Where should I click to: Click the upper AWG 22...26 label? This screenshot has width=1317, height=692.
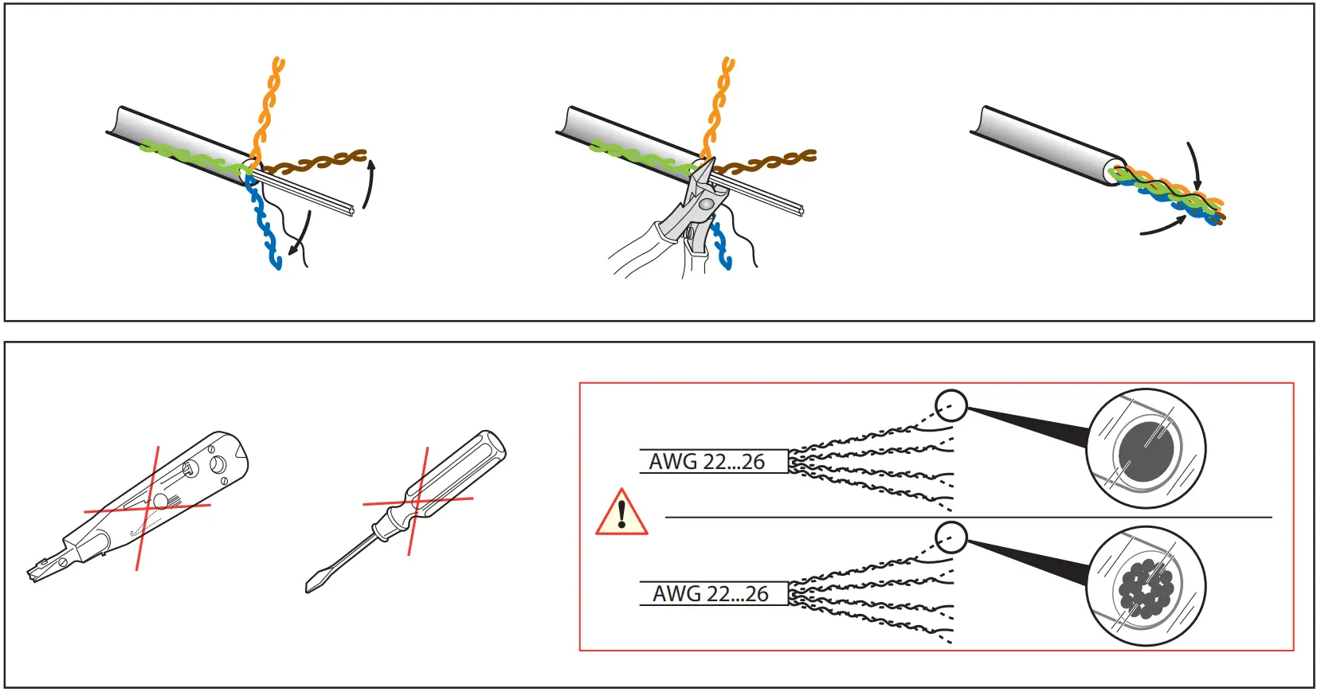707,462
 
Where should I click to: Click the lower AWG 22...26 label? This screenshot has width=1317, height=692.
710,594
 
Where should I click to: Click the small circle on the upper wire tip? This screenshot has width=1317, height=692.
951,405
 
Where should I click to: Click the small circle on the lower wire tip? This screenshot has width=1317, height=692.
951,538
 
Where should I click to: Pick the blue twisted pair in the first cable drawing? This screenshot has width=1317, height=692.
262,223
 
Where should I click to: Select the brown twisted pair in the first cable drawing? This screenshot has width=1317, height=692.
319,162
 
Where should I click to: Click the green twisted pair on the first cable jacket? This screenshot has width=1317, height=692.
191,155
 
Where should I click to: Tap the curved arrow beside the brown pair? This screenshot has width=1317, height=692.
368,183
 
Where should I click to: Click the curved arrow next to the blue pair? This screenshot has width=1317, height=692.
300,235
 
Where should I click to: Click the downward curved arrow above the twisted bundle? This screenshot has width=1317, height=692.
1194,167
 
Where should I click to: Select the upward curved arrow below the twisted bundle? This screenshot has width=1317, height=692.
1163,227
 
